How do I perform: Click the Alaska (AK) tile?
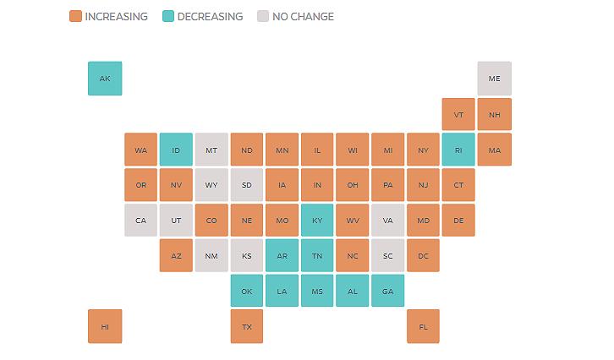[105, 79]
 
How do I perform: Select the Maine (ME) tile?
[494, 79]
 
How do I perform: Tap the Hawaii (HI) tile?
[105, 326]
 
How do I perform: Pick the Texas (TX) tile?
[247, 326]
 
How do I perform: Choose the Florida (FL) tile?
[423, 326]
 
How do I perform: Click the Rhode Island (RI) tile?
[458, 150]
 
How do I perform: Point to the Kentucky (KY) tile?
[317, 221]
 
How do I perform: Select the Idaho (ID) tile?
[176, 150]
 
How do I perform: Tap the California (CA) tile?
[140, 221]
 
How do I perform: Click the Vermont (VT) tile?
[458, 114]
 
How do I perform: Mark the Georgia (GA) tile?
[387, 291]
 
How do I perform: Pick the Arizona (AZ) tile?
[176, 255]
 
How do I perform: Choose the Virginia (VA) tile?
[387, 221]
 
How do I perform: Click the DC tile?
[423, 255]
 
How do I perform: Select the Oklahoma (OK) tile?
[247, 291]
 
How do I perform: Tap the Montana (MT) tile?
[211, 150]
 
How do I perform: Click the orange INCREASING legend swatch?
[76, 16]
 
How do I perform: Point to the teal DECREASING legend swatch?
[168, 16]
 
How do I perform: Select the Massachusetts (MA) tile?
[494, 150]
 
